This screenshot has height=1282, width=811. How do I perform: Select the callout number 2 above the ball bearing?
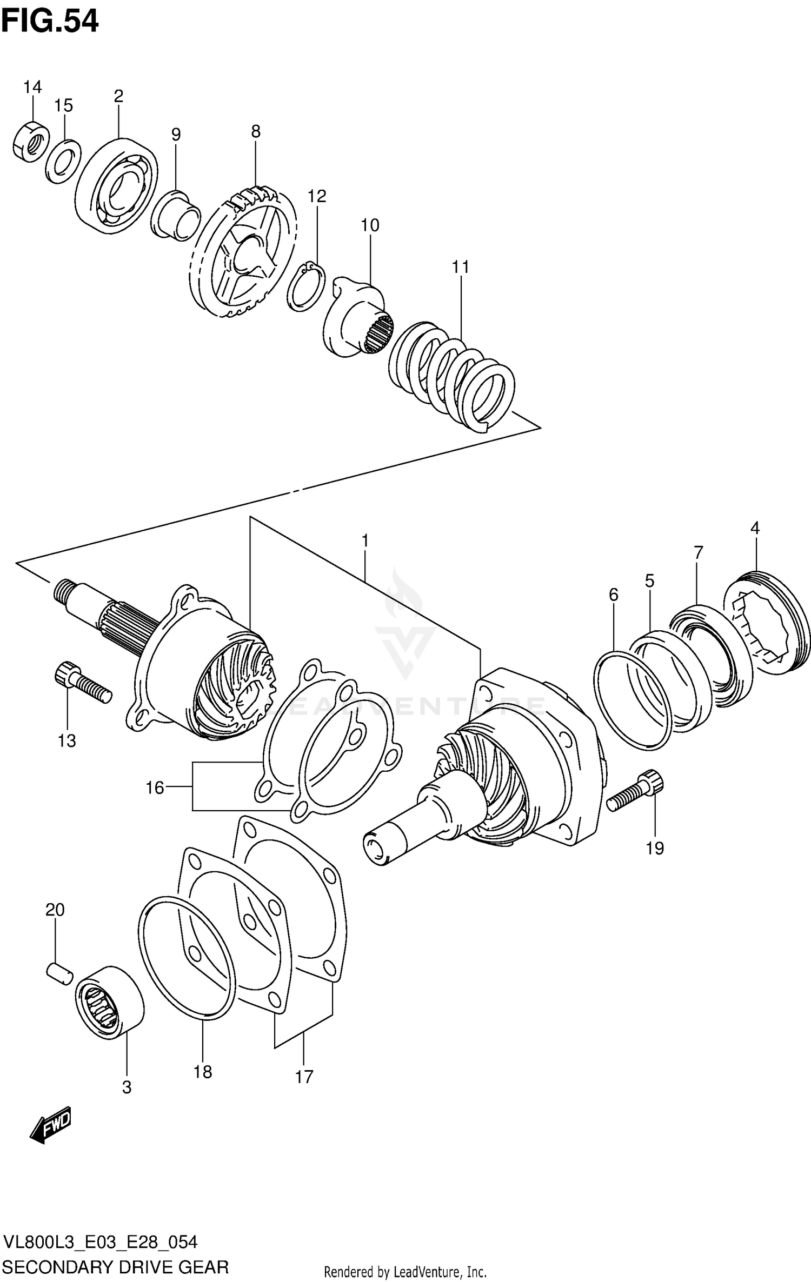(118, 96)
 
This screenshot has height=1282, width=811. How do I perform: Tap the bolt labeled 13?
(82, 683)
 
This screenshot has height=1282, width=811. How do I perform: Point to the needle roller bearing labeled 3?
(110, 1002)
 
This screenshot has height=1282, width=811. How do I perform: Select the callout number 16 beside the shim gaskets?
(155, 787)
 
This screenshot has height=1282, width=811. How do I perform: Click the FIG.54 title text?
(50, 22)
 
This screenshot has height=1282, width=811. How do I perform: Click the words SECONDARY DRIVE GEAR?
(116, 1266)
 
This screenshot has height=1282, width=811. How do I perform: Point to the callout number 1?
(365, 540)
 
